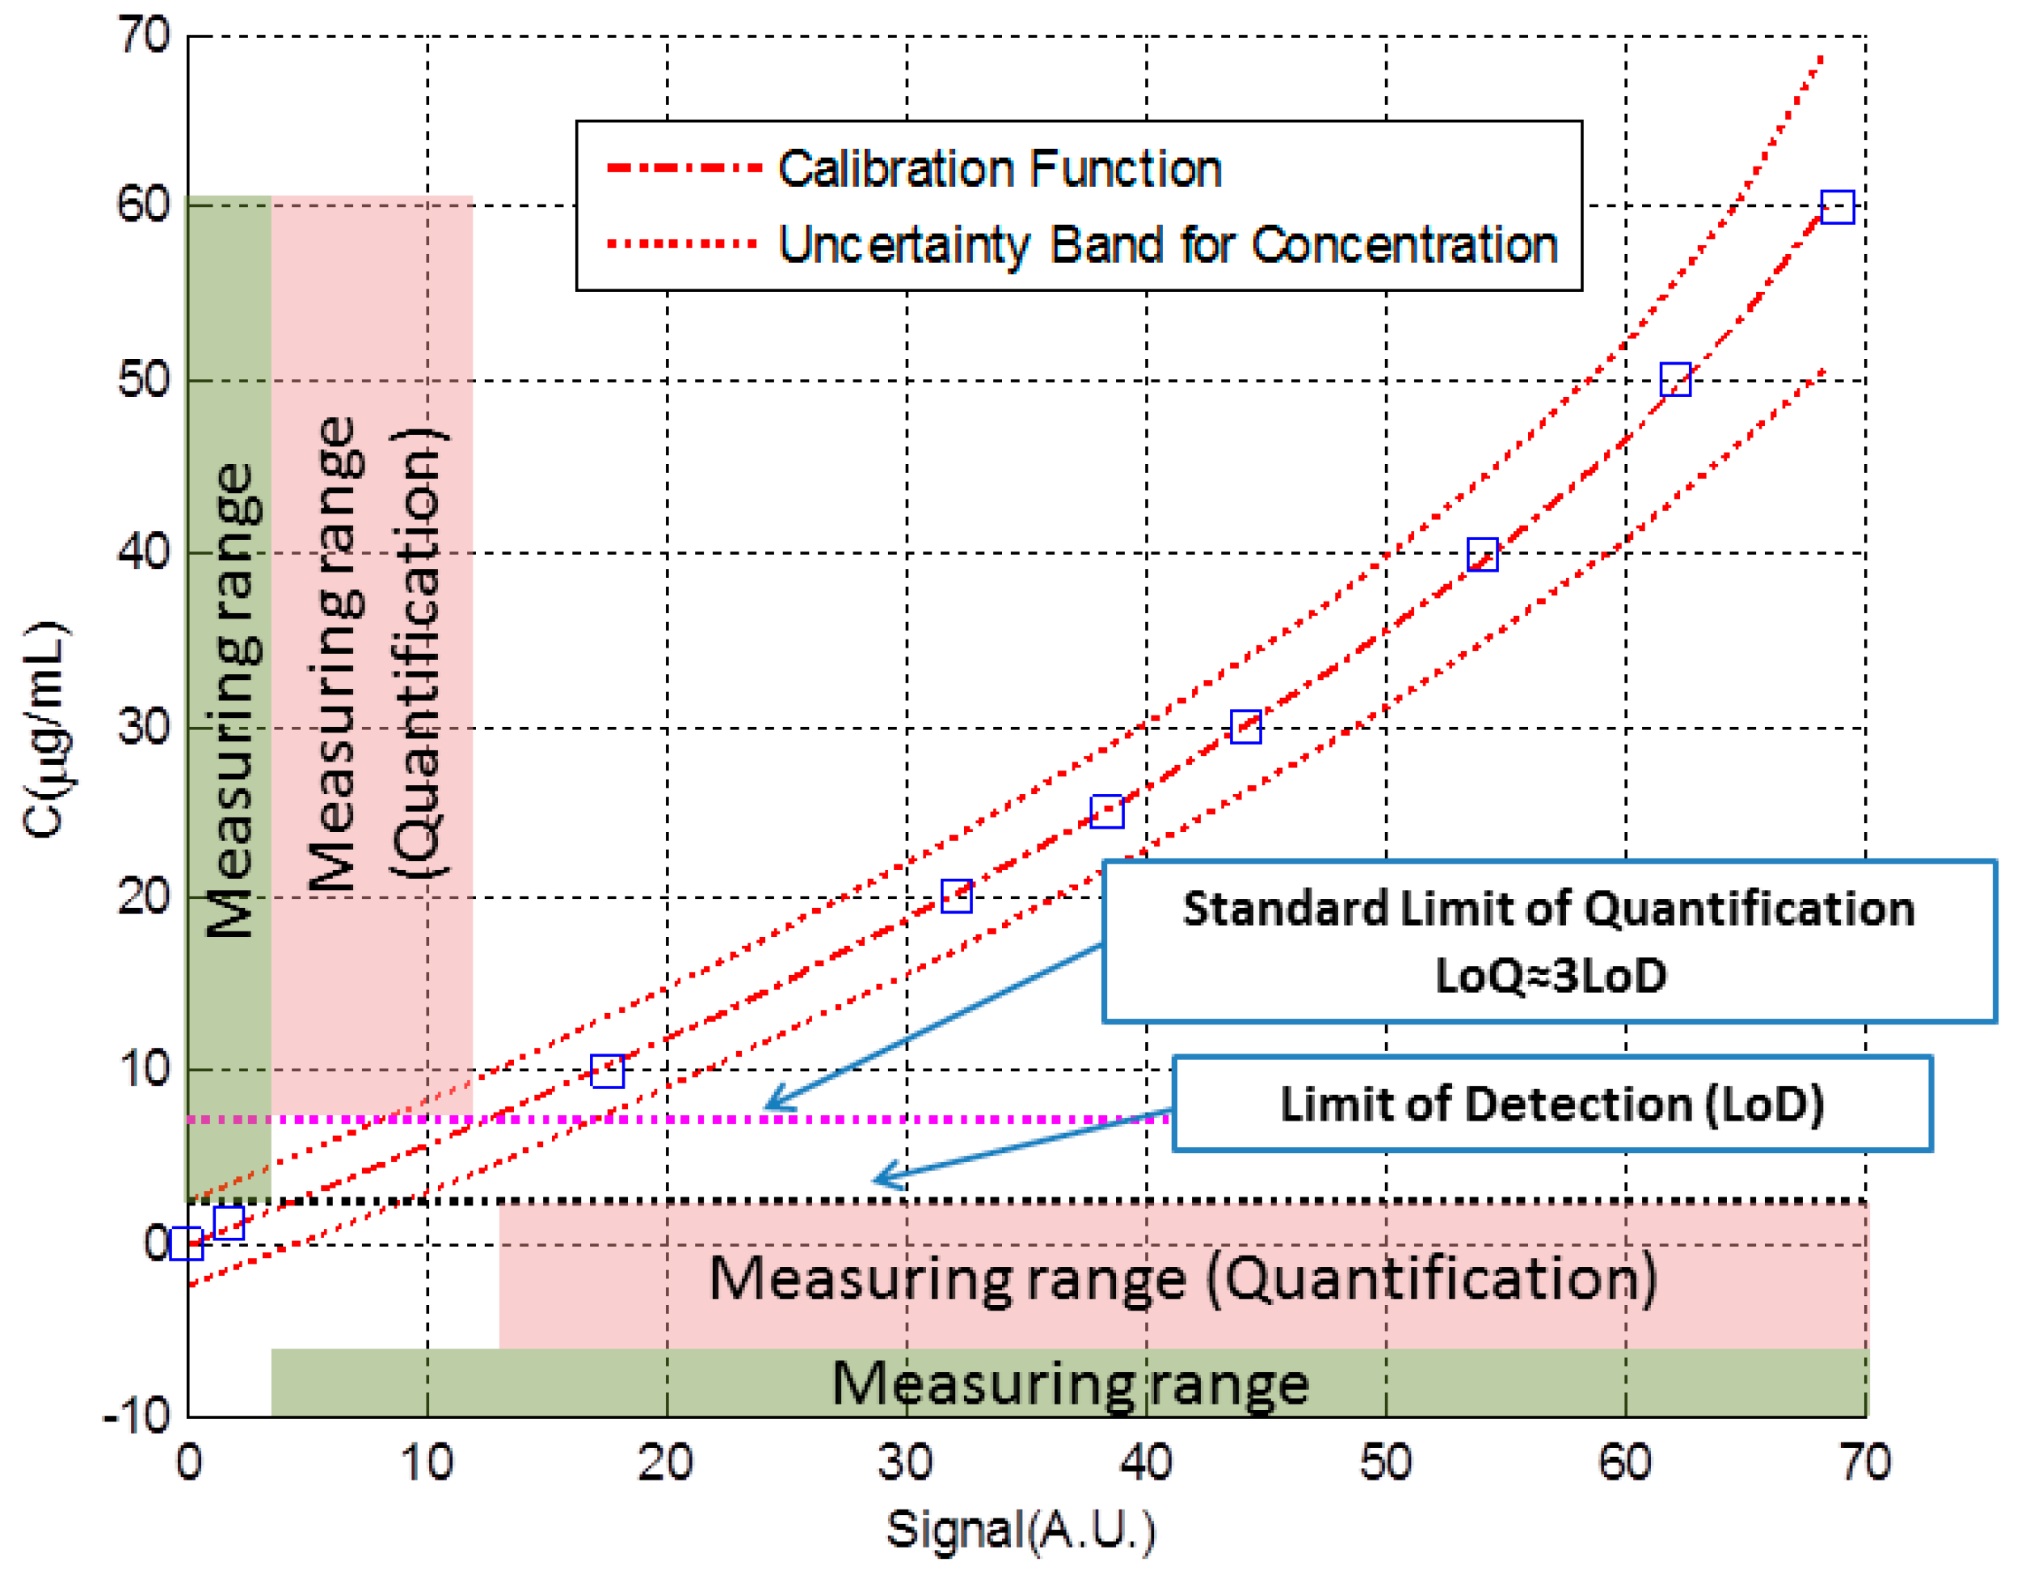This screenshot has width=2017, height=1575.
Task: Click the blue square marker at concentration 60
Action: tap(1836, 207)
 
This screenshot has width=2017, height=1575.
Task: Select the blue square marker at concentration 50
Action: tap(1675, 380)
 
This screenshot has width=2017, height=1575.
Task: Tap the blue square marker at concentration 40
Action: tap(1482, 555)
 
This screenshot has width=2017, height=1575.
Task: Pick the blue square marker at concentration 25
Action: tap(1106, 811)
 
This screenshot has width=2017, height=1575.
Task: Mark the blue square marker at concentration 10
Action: tap(607, 1071)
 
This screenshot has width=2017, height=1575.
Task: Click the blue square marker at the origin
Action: tap(187, 1244)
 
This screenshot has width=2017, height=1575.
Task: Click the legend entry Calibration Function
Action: tap(1000, 169)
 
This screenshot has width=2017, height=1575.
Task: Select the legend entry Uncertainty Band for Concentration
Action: tap(1168, 245)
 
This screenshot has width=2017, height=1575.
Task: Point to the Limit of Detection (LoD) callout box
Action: tap(1552, 1104)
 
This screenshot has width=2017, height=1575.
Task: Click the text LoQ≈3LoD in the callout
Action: tap(1550, 976)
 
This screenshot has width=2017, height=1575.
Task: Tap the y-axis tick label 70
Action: tap(144, 37)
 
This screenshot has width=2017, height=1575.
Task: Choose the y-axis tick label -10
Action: tap(137, 1415)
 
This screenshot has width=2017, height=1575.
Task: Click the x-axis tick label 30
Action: tap(906, 1463)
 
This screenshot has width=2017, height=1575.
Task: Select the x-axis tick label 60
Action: tap(1624, 1463)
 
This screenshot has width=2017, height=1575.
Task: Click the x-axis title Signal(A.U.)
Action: tap(1021, 1529)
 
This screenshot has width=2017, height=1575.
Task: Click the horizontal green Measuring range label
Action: tap(1069, 1383)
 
